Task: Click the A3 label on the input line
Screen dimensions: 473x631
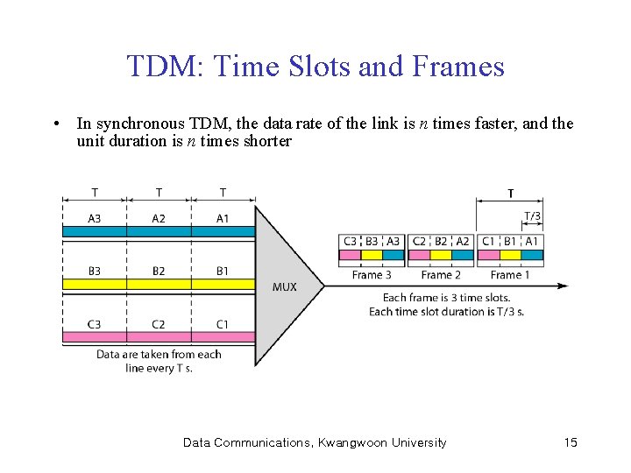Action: [94, 218]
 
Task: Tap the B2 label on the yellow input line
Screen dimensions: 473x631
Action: [159, 271]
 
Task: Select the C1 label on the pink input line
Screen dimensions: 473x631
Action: [223, 324]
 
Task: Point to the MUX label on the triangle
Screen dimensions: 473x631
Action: [285, 286]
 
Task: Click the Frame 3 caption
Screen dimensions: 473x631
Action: [372, 275]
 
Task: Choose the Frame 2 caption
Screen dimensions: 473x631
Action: [441, 275]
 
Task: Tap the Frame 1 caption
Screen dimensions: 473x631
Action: [510, 275]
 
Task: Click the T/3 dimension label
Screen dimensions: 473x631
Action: [532, 216]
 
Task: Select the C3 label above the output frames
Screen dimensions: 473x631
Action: [350, 241]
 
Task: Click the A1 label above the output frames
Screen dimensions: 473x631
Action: [532, 241]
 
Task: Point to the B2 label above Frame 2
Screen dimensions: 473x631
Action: [441, 241]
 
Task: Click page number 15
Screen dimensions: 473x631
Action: [571, 442]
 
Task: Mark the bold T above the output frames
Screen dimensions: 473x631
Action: [510, 194]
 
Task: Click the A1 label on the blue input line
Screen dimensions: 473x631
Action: [223, 218]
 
